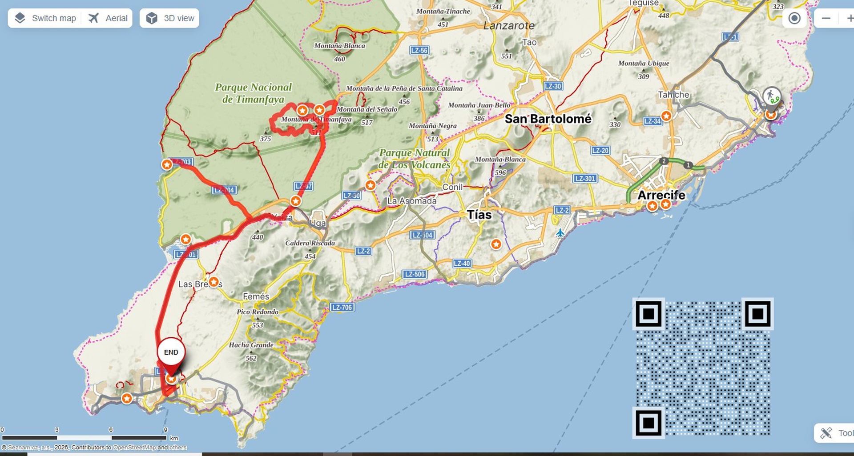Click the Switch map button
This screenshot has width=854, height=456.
point(45,18)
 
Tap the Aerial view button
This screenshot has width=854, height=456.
point(108,18)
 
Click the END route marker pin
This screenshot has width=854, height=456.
point(171,353)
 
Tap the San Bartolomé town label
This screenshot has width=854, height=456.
point(548,119)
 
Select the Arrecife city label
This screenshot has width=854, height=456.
point(661,195)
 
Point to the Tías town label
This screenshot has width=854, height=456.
point(479,215)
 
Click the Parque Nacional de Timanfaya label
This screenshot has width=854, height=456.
point(253,93)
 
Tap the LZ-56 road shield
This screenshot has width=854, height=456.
point(419,50)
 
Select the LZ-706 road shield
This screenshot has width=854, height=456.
point(342,307)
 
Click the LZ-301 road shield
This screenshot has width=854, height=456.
point(585,179)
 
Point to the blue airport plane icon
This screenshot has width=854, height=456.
point(560,233)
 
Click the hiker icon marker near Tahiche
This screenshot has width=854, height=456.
point(771,96)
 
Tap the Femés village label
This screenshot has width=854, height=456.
point(256,296)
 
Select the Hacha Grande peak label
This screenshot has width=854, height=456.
point(251,345)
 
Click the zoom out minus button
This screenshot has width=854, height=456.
point(826,18)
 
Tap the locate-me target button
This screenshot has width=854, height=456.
point(794,18)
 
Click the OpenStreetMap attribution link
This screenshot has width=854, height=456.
point(134,448)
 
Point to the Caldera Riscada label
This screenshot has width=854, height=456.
point(310,243)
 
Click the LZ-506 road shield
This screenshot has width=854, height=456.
point(415,274)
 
